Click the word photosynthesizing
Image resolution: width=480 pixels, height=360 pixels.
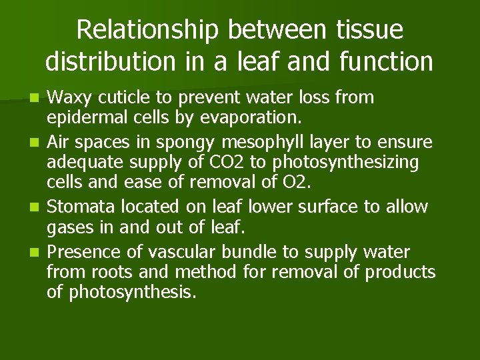362,161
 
